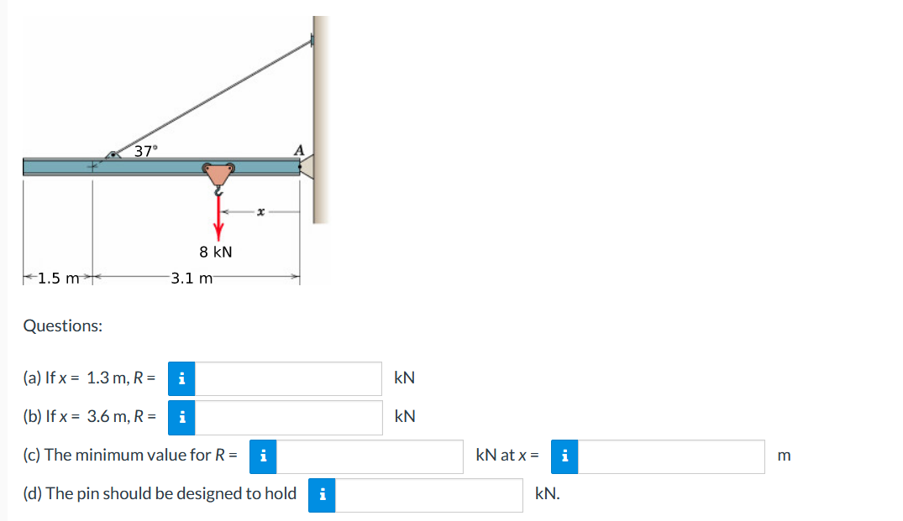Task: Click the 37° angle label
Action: [145, 151]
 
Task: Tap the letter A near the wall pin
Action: [299, 151]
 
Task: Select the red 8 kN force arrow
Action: [218, 218]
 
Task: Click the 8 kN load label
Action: [216, 252]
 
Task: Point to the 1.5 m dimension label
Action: [58, 279]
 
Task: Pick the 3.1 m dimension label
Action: [192, 279]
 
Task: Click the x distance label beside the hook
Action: [261, 212]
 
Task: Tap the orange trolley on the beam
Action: [218, 174]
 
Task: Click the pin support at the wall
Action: [307, 167]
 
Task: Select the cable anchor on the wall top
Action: [312, 39]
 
